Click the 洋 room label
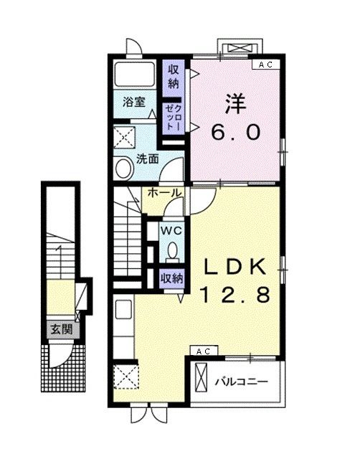[x=237, y=103]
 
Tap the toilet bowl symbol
[x=173, y=252]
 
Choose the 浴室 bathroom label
[x=134, y=103]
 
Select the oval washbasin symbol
[x=123, y=169]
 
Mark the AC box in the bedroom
[x=266, y=65]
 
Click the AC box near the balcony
[x=202, y=351]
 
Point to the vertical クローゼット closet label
[x=174, y=116]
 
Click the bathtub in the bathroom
[x=135, y=74]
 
